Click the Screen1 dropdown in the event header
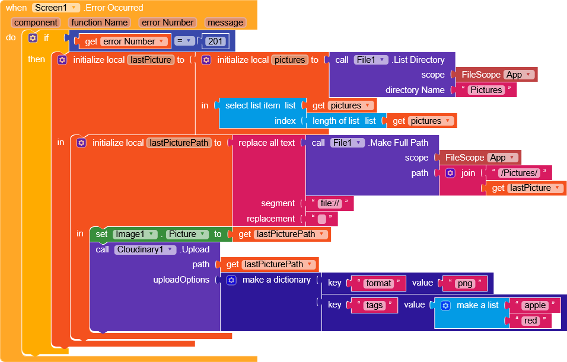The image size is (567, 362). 56,8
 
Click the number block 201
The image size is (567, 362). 215,41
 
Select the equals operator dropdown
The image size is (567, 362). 184,41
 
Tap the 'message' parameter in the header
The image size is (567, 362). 225,23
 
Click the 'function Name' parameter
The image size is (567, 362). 100,23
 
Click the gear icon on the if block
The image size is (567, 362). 33,38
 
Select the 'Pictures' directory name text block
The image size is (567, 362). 486,90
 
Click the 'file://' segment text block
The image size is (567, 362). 330,203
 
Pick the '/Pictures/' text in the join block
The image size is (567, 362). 520,172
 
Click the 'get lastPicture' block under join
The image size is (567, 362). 525,188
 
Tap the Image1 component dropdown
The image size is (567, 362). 135,234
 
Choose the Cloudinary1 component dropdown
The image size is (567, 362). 145,249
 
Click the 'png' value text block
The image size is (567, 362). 465,283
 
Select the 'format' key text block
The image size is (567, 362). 378,283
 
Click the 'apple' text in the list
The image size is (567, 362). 535,305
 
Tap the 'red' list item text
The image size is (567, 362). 530,321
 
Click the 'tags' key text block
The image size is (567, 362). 374,305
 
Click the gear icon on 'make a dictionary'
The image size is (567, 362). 231,280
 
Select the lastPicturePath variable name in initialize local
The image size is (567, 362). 179,143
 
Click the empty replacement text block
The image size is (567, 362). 322,219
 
